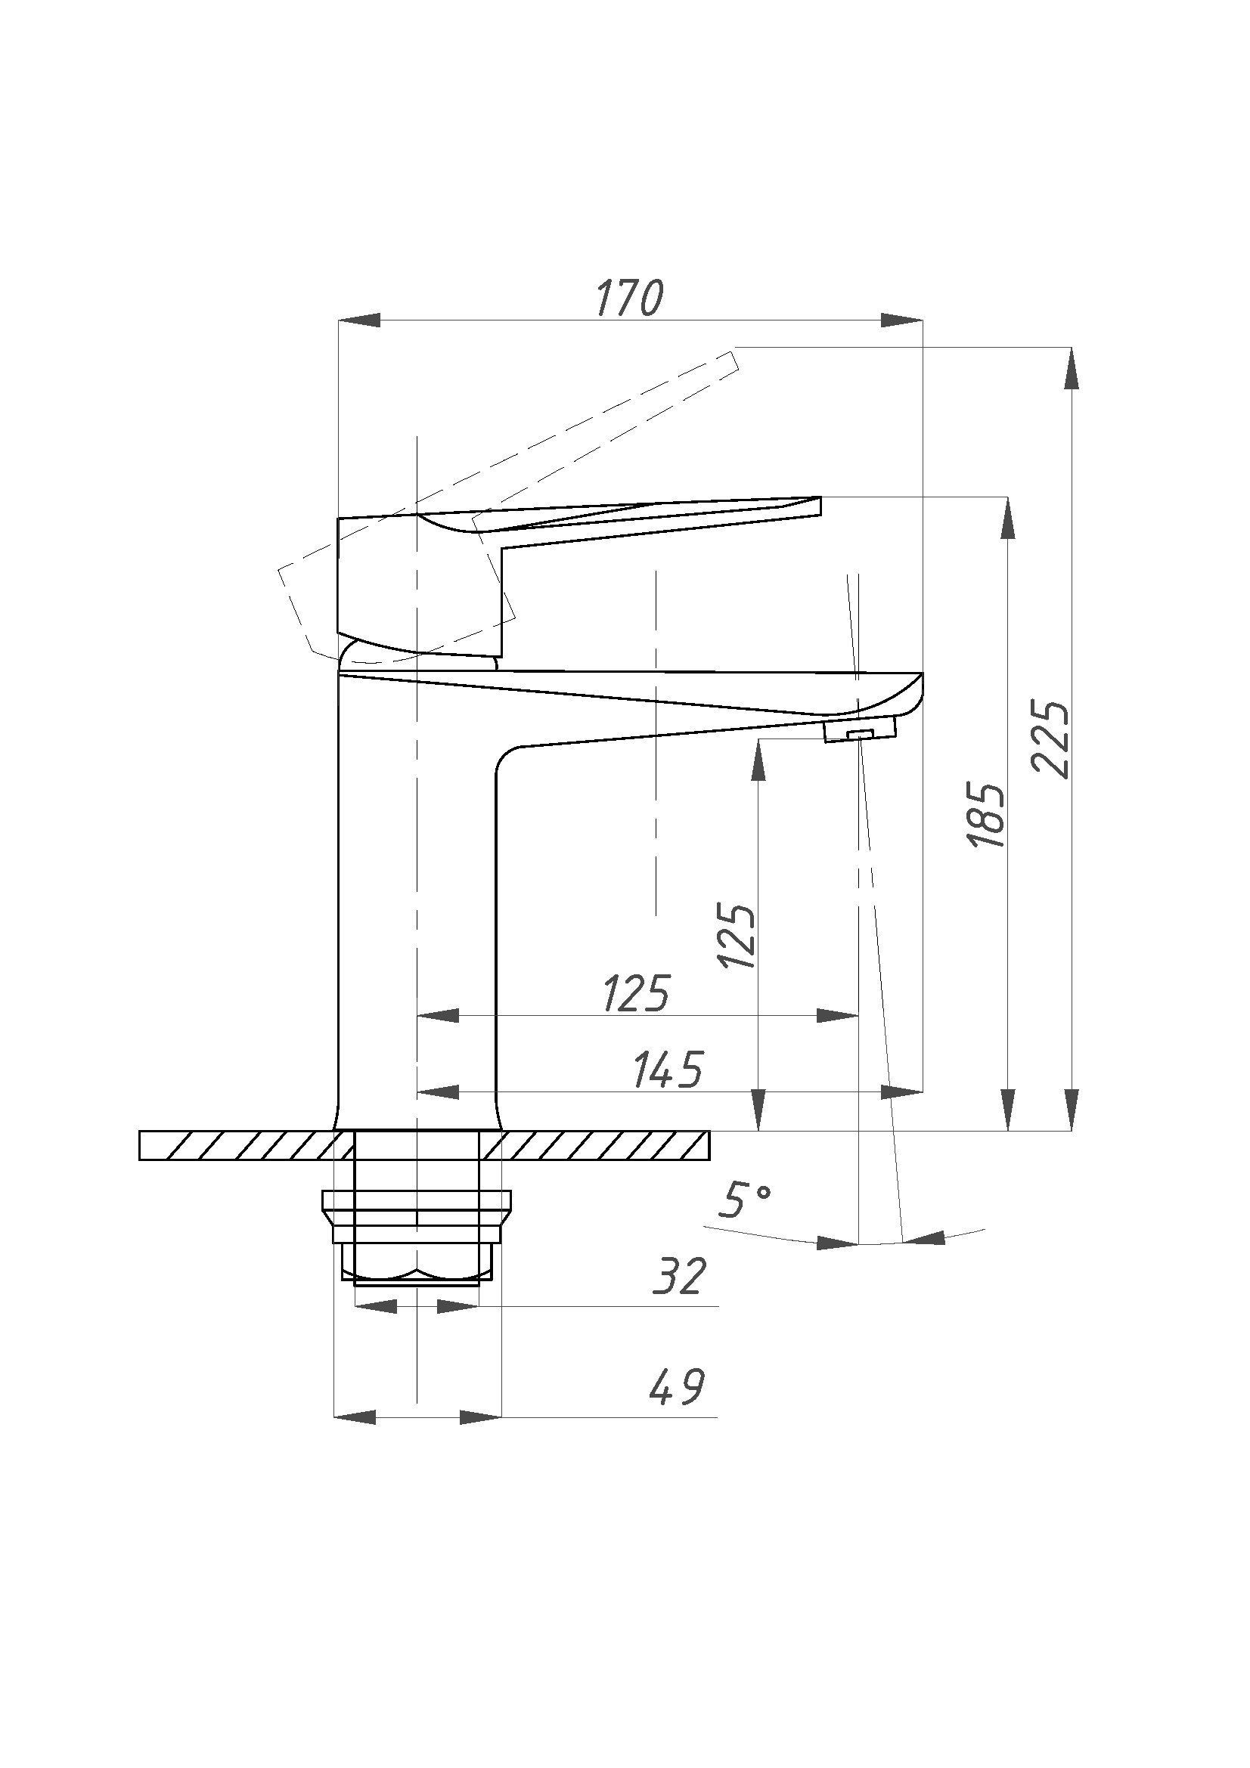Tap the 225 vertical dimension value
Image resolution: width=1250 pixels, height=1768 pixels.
[1050, 738]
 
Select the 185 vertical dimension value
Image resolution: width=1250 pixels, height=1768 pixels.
[987, 817]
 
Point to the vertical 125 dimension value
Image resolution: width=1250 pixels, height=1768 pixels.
[737, 936]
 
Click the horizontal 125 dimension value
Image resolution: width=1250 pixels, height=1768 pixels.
[636, 994]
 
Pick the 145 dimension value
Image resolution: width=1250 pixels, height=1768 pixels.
[668, 1070]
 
